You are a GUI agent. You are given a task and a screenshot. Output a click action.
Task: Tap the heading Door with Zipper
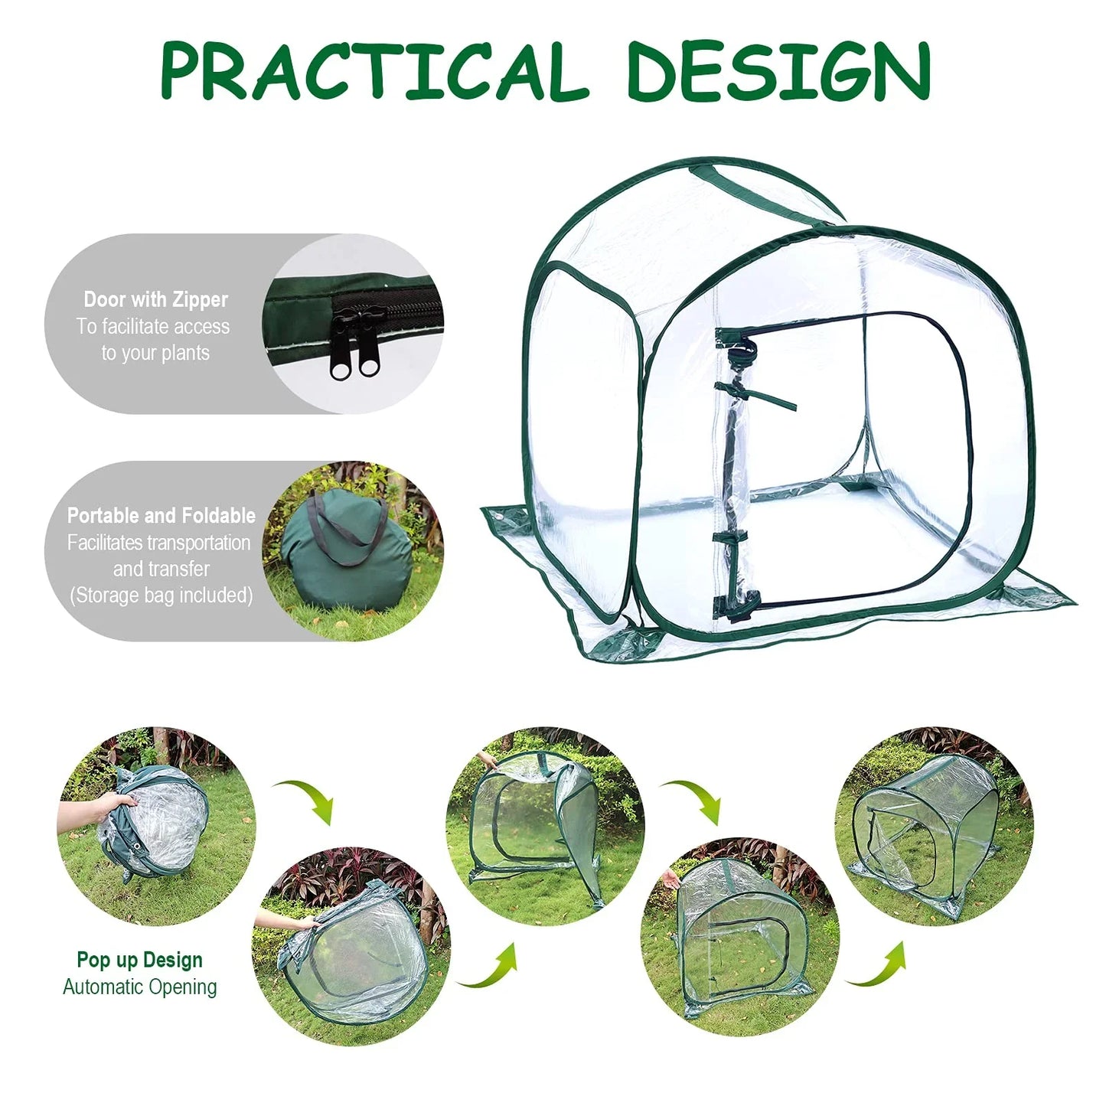156,299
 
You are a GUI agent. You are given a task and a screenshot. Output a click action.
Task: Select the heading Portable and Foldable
161,515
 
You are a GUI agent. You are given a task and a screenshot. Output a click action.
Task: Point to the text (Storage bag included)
161,595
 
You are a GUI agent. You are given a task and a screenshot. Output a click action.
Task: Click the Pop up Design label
139,961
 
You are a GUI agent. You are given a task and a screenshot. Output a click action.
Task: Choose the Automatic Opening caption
139,987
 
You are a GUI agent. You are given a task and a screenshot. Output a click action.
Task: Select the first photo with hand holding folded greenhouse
156,827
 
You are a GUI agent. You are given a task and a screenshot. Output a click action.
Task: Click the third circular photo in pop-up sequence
545,827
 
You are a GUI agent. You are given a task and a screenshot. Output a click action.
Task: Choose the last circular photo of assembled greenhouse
934,827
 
